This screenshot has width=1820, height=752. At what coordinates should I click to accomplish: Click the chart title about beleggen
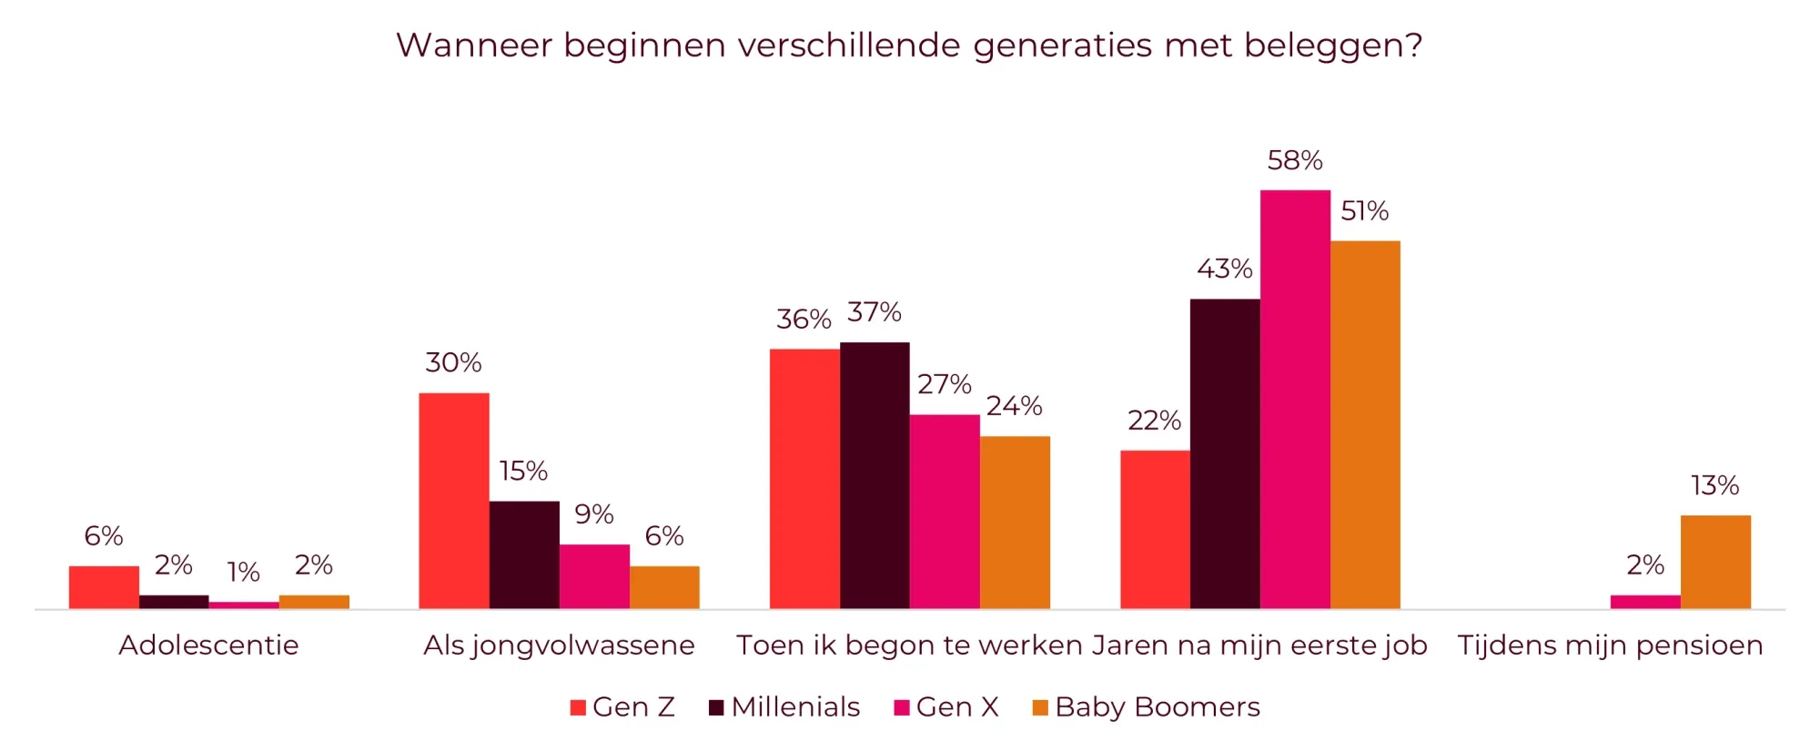tap(909, 46)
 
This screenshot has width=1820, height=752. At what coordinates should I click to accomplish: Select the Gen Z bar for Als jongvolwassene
tap(453, 501)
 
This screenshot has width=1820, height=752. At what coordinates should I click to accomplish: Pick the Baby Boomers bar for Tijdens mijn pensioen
tap(1715, 562)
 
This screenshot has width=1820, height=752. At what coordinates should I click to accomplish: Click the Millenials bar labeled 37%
tap(875, 475)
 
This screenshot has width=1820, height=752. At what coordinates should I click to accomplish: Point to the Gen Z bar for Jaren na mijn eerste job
tap(1155, 529)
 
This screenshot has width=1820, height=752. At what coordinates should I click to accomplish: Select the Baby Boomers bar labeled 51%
tap(1365, 424)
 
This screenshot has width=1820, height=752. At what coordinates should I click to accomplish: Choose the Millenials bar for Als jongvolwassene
tap(524, 554)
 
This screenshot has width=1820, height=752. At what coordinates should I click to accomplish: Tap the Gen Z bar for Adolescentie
tap(104, 587)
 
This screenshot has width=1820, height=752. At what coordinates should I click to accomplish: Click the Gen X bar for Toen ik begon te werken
tap(945, 511)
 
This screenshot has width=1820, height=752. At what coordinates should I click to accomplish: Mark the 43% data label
tap(1224, 269)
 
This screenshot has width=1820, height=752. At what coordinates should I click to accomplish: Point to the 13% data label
tap(1714, 486)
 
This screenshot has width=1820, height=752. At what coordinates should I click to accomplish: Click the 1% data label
tap(243, 573)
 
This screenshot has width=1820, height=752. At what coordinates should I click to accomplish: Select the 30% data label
tap(453, 363)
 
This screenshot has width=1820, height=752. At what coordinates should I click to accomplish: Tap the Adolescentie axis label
tap(208, 645)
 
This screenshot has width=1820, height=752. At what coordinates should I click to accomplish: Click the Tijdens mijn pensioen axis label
tap(1610, 645)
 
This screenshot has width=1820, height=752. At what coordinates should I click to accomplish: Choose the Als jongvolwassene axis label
tap(559, 645)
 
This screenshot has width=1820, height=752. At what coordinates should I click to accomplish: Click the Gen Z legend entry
tap(622, 707)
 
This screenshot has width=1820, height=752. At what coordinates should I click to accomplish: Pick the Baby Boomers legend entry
tap(1146, 707)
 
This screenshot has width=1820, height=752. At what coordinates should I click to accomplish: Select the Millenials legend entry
tap(784, 707)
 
